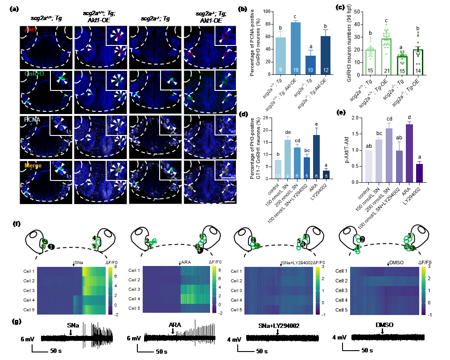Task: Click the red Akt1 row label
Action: [x=31, y=29]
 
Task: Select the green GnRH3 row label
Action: [x=34, y=74]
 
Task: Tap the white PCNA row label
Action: [x=33, y=119]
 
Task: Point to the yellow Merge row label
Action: [x=33, y=165]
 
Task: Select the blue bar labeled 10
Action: [x=310, y=65]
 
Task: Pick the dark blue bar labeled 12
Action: [x=326, y=55]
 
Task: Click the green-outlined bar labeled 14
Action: [x=417, y=62]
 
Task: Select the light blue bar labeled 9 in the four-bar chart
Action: [x=281, y=56]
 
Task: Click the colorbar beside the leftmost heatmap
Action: [x=110, y=291]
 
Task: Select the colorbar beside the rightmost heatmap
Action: [x=423, y=291]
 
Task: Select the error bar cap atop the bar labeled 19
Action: [x=296, y=20]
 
